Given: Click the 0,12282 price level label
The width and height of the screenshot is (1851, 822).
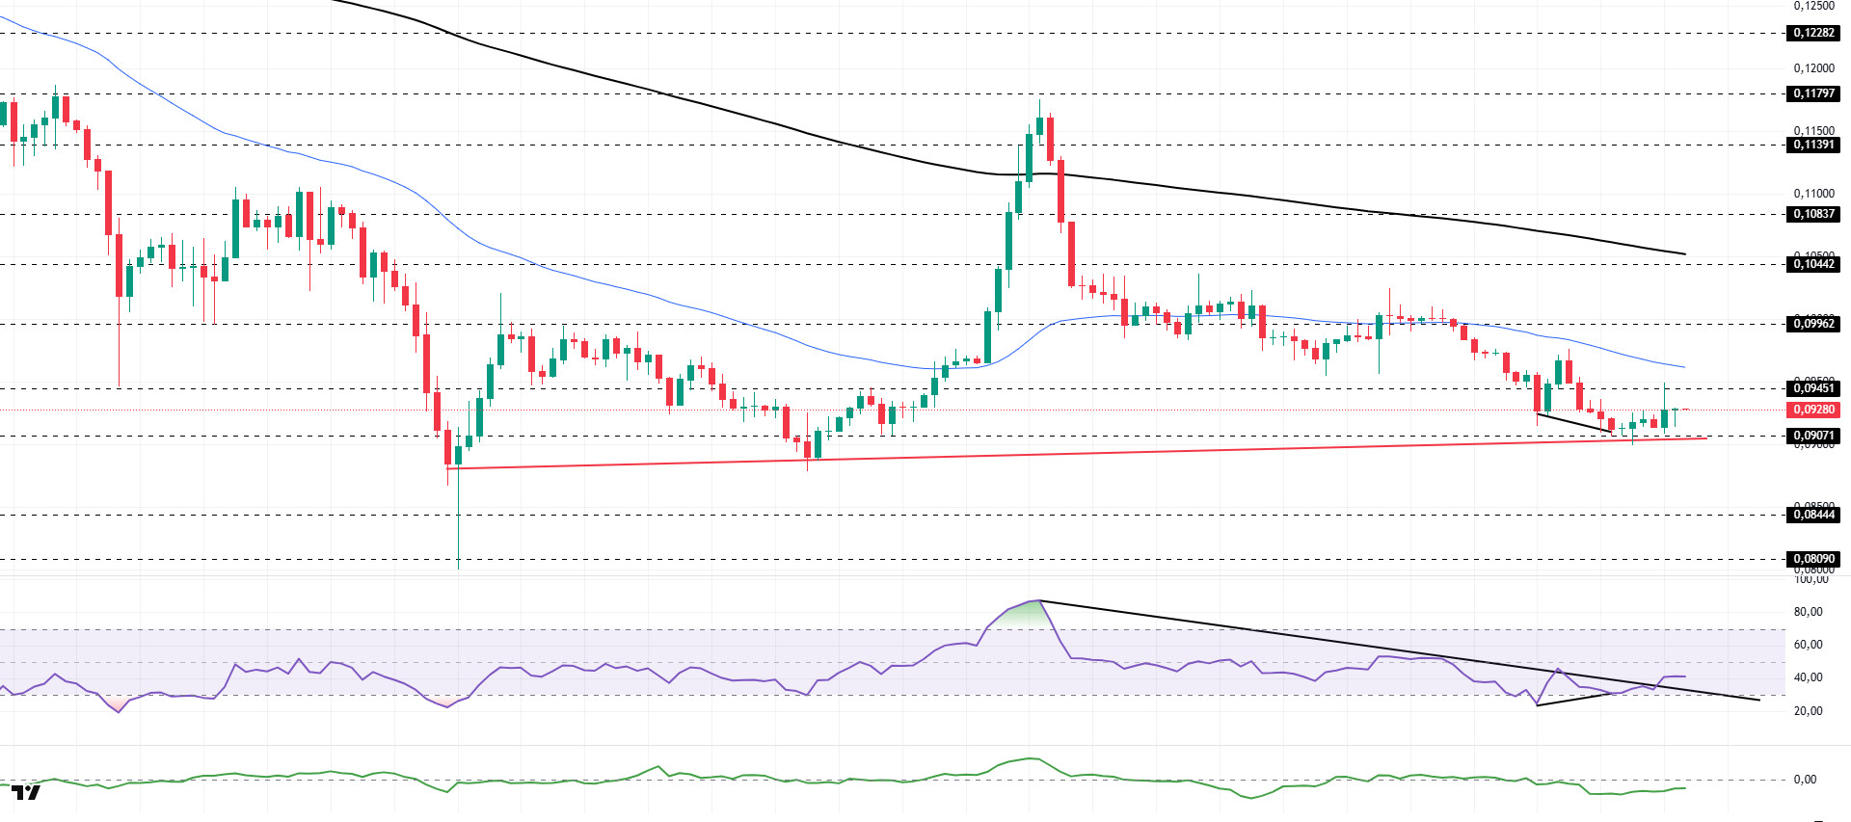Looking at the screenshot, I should point(1813,33).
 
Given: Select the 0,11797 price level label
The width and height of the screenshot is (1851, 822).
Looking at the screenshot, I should point(1813,93).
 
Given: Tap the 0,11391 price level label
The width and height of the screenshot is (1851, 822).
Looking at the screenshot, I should point(1813,145).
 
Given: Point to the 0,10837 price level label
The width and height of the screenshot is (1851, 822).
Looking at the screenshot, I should point(1813,214).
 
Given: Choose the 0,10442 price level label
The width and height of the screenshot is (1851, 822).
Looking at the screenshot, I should point(1813,264).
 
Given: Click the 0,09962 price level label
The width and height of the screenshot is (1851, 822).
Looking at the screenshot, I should point(1813,324).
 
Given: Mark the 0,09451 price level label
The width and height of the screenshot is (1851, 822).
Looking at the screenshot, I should point(1813,388).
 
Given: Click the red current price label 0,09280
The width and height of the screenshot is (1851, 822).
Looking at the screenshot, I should point(1813,410).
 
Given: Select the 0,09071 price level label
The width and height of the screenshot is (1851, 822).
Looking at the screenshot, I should point(1813,436).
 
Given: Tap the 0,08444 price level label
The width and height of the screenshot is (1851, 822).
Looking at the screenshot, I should point(1813,515).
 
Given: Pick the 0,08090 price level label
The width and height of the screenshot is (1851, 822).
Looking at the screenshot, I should point(1813,559).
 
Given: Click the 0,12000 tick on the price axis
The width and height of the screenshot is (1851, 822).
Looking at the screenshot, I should point(1813,68).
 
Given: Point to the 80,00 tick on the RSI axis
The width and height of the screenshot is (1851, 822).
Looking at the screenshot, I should point(1808,612).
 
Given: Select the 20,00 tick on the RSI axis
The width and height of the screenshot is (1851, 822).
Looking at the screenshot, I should point(1808,711).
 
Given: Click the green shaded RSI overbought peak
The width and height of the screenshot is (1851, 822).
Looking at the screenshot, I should point(1022,614).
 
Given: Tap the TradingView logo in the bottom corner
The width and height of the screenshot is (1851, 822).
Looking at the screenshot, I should point(26,792).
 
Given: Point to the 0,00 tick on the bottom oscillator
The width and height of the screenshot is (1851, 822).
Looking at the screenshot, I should point(1805,780).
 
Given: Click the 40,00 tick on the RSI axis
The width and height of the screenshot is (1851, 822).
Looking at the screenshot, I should point(1808,677).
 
